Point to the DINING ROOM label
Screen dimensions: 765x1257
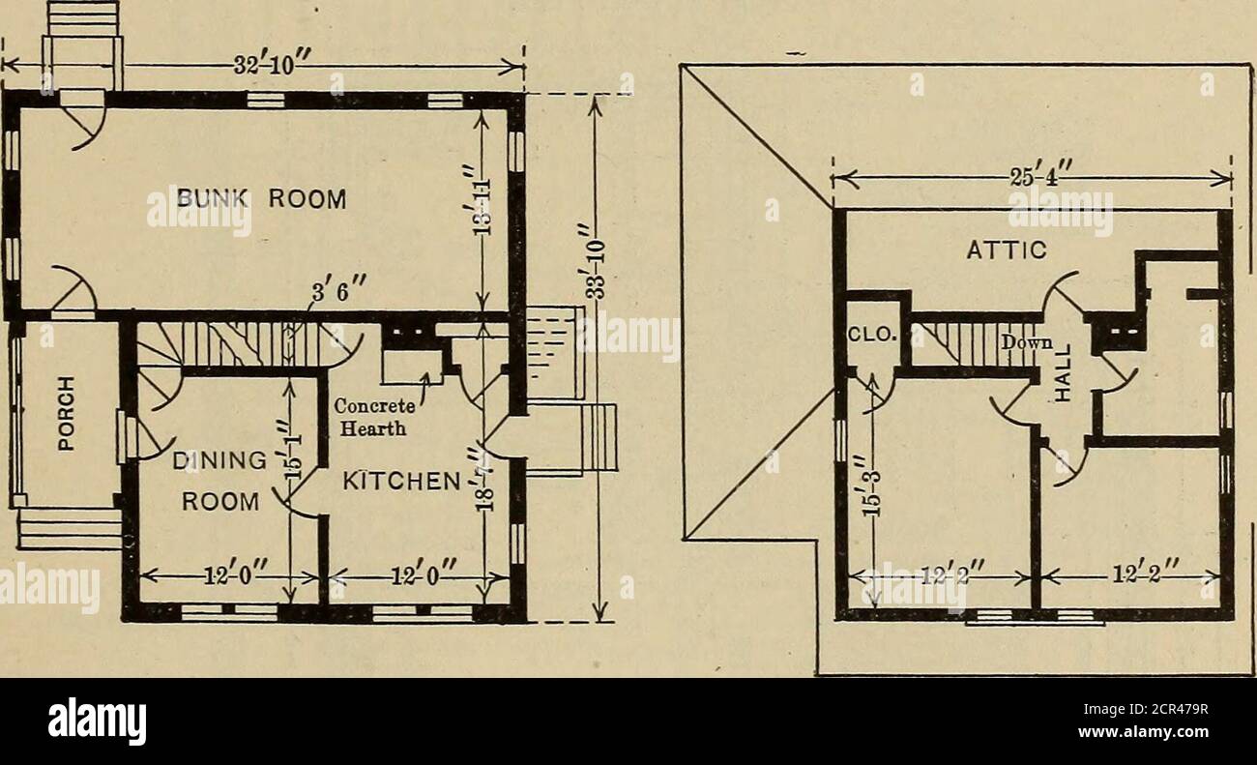pos(220,482)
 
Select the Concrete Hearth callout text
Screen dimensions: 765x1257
pos(376,418)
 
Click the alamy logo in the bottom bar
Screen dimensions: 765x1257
pos(97,721)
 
